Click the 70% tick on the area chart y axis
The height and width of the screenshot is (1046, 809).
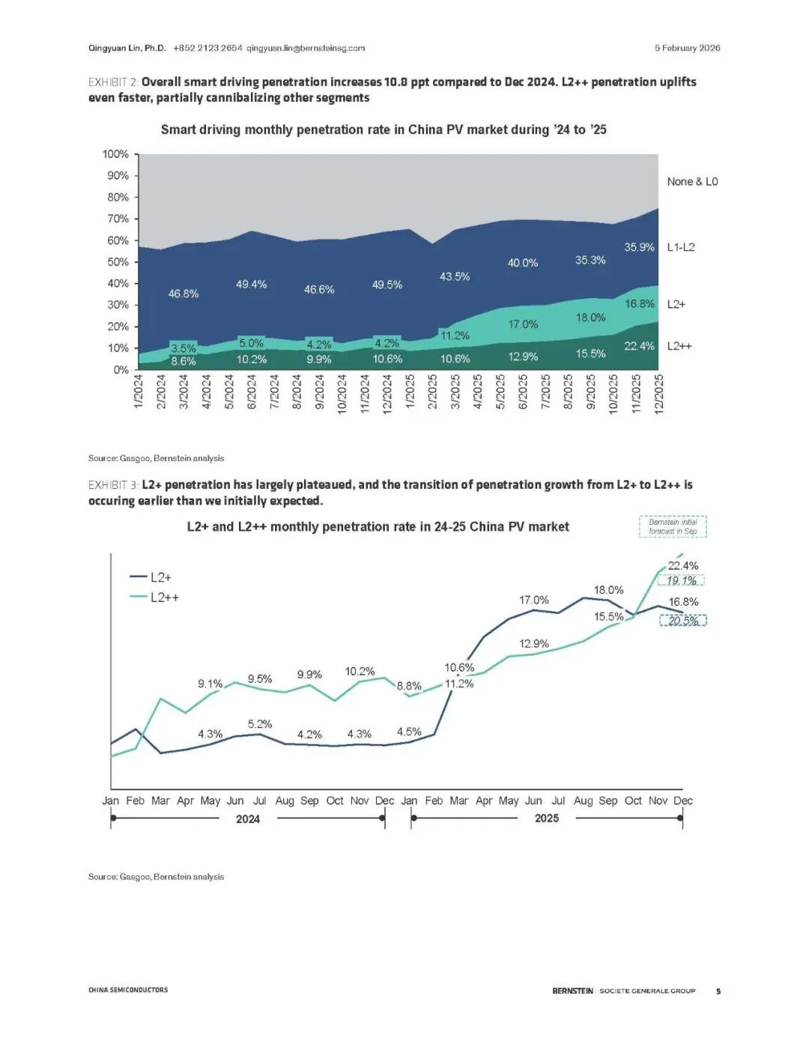(x=118, y=219)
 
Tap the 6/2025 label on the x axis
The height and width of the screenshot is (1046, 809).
(x=523, y=392)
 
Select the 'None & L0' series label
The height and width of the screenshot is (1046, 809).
(x=692, y=181)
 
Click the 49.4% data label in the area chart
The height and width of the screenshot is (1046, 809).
(x=252, y=285)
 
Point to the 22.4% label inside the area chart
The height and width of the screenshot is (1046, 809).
(x=639, y=346)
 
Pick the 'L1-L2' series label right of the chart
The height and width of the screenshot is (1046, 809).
(x=680, y=247)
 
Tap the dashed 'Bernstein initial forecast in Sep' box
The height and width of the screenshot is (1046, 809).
(x=673, y=526)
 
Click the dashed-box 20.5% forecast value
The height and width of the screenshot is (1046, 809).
(x=683, y=621)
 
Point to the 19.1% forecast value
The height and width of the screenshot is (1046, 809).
(x=682, y=580)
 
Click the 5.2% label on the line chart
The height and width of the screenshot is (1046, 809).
(x=260, y=724)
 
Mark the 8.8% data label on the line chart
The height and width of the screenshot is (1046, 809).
(x=409, y=686)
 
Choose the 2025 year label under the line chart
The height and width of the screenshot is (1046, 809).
(x=547, y=818)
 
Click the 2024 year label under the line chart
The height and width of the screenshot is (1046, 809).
(x=248, y=819)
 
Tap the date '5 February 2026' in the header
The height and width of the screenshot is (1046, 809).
(x=687, y=48)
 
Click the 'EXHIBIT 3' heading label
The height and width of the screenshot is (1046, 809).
(x=112, y=485)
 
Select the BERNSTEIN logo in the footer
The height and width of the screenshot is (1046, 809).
(x=572, y=991)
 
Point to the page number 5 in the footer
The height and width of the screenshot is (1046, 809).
(x=718, y=991)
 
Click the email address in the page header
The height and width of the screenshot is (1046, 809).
(x=306, y=48)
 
